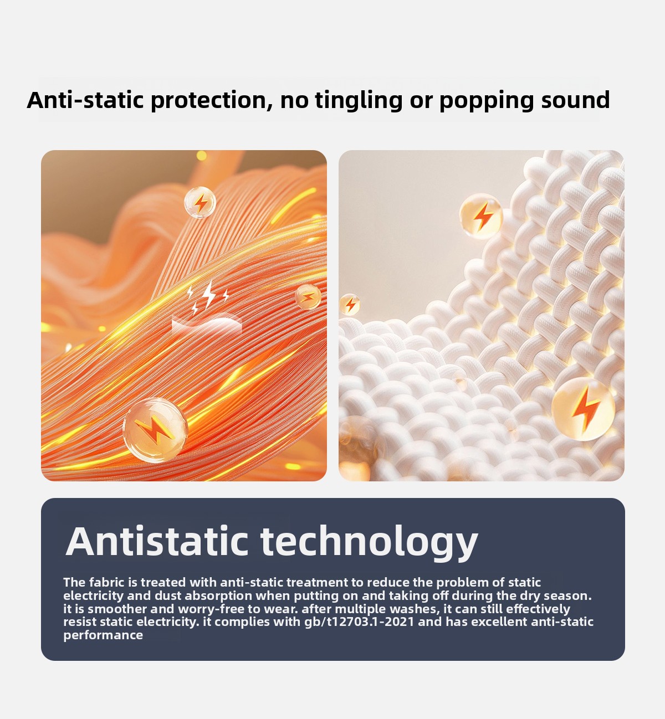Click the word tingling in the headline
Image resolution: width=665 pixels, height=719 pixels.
[x=358, y=100]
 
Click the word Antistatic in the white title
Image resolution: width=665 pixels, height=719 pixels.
[x=157, y=542]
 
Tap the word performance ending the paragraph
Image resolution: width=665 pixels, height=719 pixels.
[x=103, y=635]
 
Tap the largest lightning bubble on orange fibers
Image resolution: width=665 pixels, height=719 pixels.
[x=155, y=430]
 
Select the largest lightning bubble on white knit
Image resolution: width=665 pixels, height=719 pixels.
[x=583, y=409]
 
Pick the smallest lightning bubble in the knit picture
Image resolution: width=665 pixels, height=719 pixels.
[x=350, y=305]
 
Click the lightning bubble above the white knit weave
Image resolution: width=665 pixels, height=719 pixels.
[x=481, y=216]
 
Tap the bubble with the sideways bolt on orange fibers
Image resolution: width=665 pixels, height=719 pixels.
[x=308, y=297]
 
